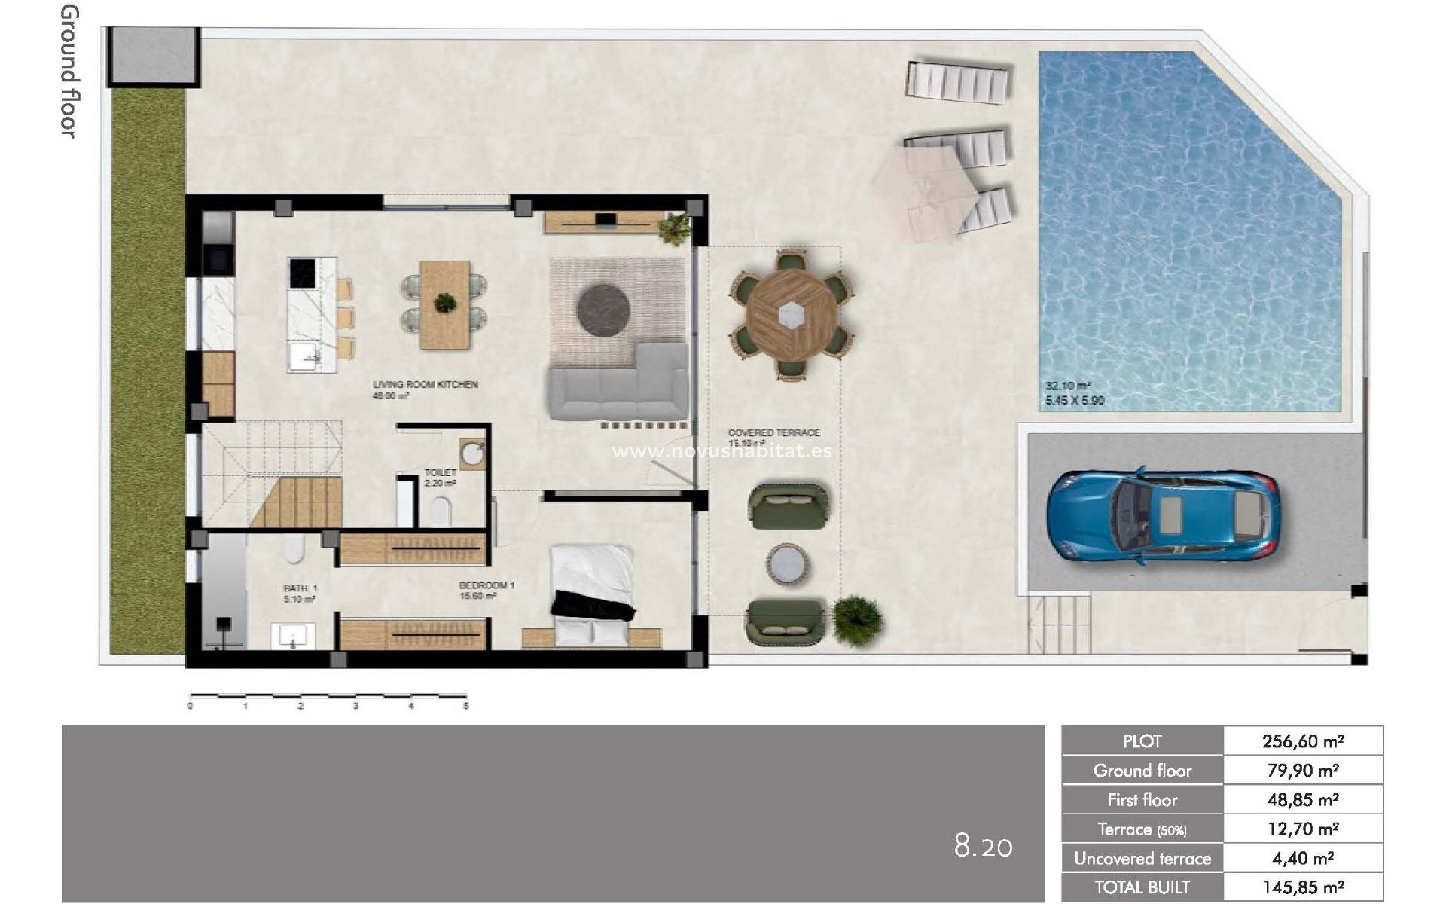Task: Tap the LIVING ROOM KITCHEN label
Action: click(425, 385)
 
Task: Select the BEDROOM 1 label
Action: click(487, 585)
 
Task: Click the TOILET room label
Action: click(440, 473)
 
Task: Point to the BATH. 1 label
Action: click(300, 588)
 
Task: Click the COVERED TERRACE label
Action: click(773, 433)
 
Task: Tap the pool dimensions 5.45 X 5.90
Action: click(1075, 401)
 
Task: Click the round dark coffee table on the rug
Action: click(602, 309)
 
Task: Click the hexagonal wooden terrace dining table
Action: click(790, 313)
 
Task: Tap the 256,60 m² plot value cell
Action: click(1302, 741)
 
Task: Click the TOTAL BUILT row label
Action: click(1142, 887)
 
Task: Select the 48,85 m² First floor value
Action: click(1302, 800)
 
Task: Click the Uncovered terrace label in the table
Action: click(1142, 859)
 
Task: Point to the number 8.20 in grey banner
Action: click(983, 846)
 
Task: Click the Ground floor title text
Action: click(69, 72)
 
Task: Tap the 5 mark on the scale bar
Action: click(466, 706)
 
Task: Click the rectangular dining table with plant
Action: click(444, 304)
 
